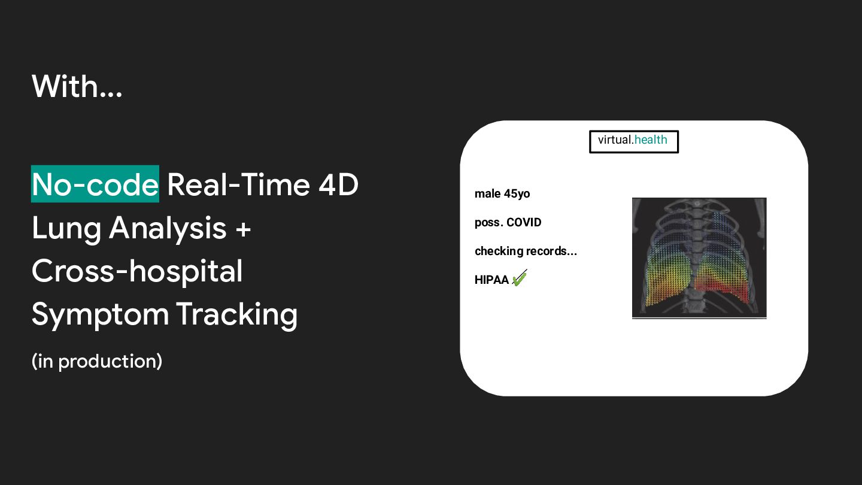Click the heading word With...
[x=77, y=86]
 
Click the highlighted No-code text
[x=95, y=184]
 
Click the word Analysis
[x=168, y=229]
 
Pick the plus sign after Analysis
[x=243, y=229]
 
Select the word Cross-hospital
[x=137, y=272]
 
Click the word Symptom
[x=101, y=316]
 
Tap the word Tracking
[x=236, y=316]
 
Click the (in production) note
[x=97, y=362]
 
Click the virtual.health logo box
[x=634, y=131]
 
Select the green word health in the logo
[x=651, y=140]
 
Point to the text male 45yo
[x=502, y=193]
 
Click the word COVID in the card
[x=524, y=223]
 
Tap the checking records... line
[x=526, y=251]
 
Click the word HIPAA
[x=491, y=280]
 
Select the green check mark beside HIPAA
[x=519, y=278]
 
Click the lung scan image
[x=699, y=258]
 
